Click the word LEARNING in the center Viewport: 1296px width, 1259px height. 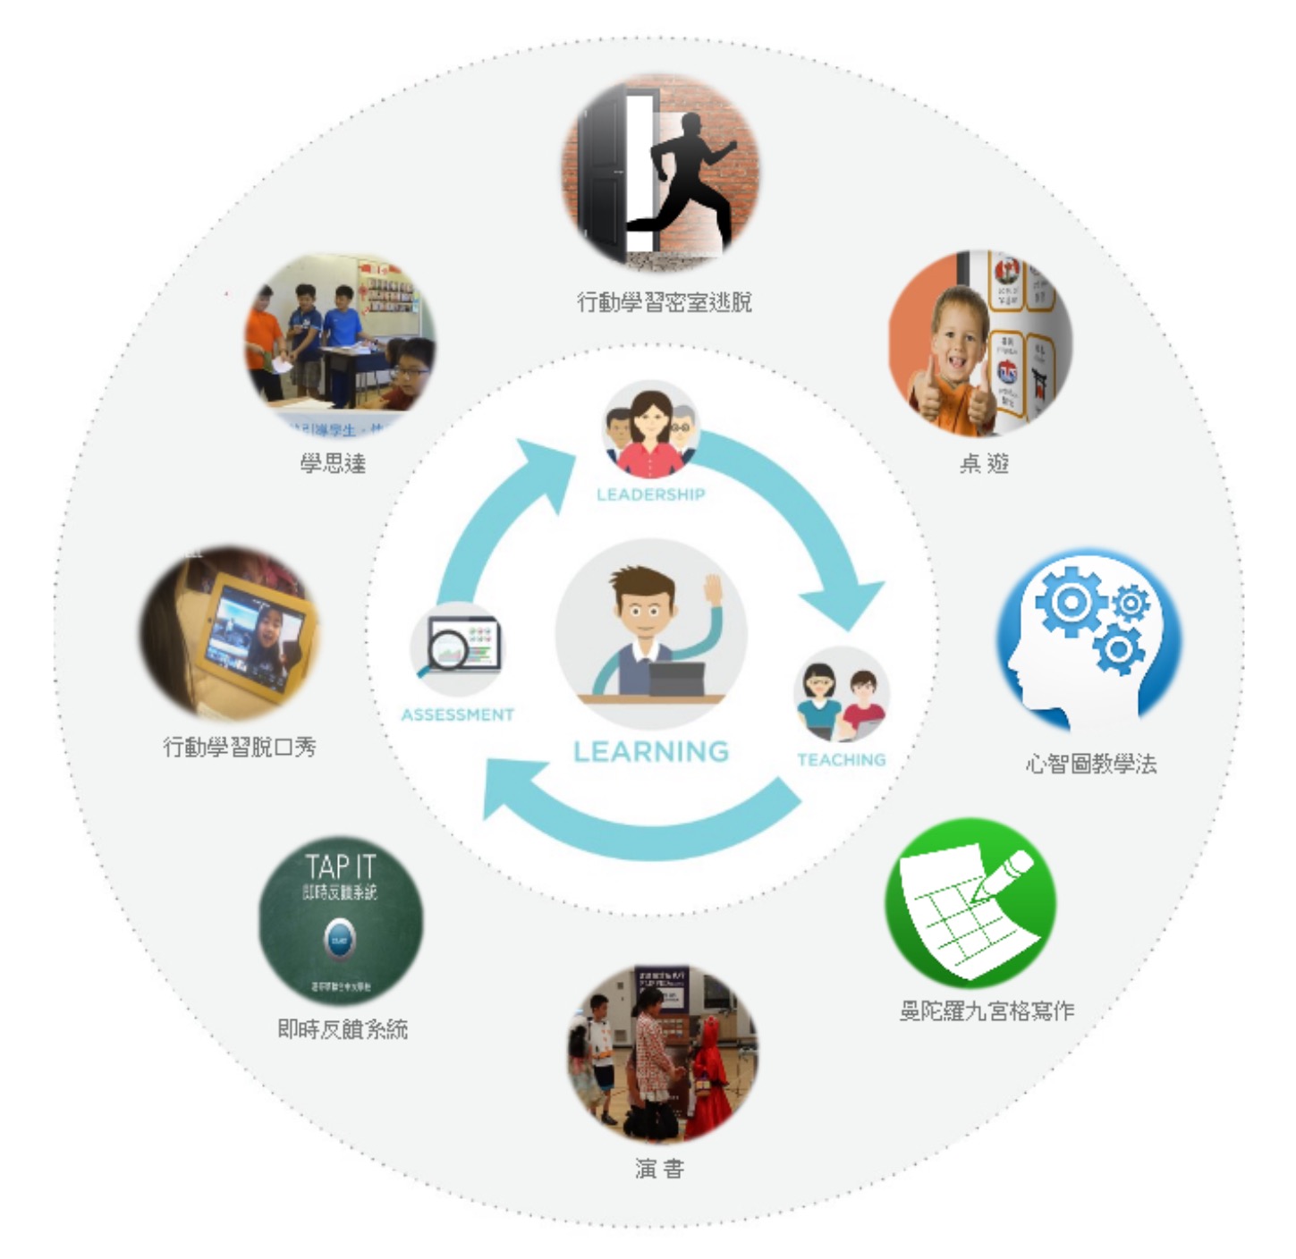pos(651,751)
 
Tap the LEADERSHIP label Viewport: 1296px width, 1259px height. pos(650,494)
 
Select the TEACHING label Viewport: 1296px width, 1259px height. pos(841,760)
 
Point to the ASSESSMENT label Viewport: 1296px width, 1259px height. pos(457,714)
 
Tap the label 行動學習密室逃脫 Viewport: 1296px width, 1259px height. pos(664,302)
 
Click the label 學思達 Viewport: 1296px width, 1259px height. pos(333,463)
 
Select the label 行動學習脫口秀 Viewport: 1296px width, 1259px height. pos(240,747)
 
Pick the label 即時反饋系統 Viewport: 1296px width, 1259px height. pos(343,1029)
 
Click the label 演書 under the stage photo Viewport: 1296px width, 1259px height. pos(659,1168)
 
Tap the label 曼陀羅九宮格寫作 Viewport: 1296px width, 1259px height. pos(987,1010)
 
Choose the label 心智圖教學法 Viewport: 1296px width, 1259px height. pos(1090,764)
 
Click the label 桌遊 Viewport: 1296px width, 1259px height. pos(984,463)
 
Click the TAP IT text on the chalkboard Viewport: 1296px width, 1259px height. pos(340,866)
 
